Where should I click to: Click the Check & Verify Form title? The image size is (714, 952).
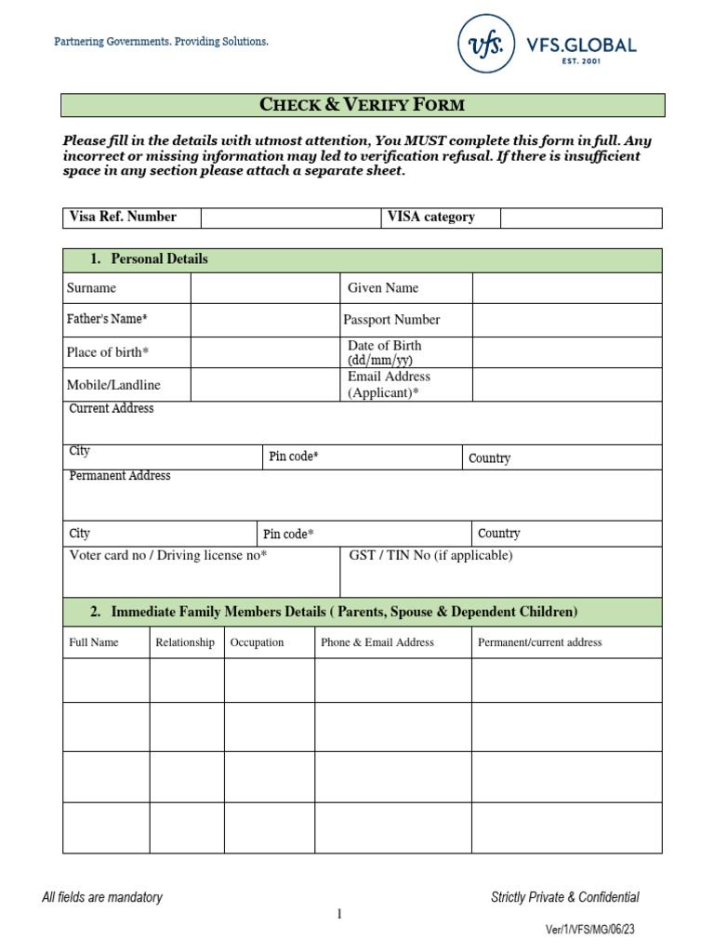363,104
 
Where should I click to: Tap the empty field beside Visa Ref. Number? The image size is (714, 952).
290,218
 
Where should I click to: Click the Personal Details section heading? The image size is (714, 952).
159,259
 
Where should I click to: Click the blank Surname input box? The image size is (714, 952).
265,288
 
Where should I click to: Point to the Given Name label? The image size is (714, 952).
383,288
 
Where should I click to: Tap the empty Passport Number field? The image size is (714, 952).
567,320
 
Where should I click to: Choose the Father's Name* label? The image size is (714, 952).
107,319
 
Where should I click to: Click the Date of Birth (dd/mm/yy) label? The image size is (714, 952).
384,352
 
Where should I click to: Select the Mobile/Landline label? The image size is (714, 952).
113,385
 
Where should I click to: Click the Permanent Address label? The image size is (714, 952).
120,476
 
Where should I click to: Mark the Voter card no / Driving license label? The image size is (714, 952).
168,556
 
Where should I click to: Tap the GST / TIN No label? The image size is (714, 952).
430,556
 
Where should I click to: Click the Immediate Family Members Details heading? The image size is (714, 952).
344,612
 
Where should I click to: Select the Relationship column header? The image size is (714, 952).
185,642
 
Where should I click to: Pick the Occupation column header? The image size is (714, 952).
258,642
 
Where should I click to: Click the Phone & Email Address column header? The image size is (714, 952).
377,642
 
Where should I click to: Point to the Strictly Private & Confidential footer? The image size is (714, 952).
564,897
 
